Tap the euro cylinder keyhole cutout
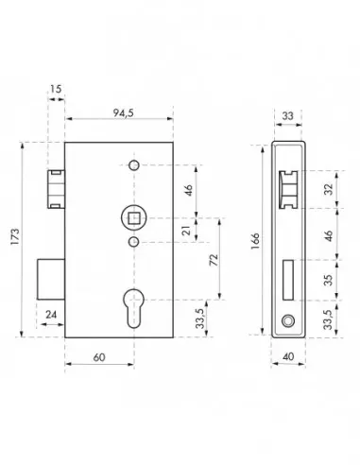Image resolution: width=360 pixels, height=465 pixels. (133, 304)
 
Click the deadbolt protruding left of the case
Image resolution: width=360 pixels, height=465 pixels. (51, 276)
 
